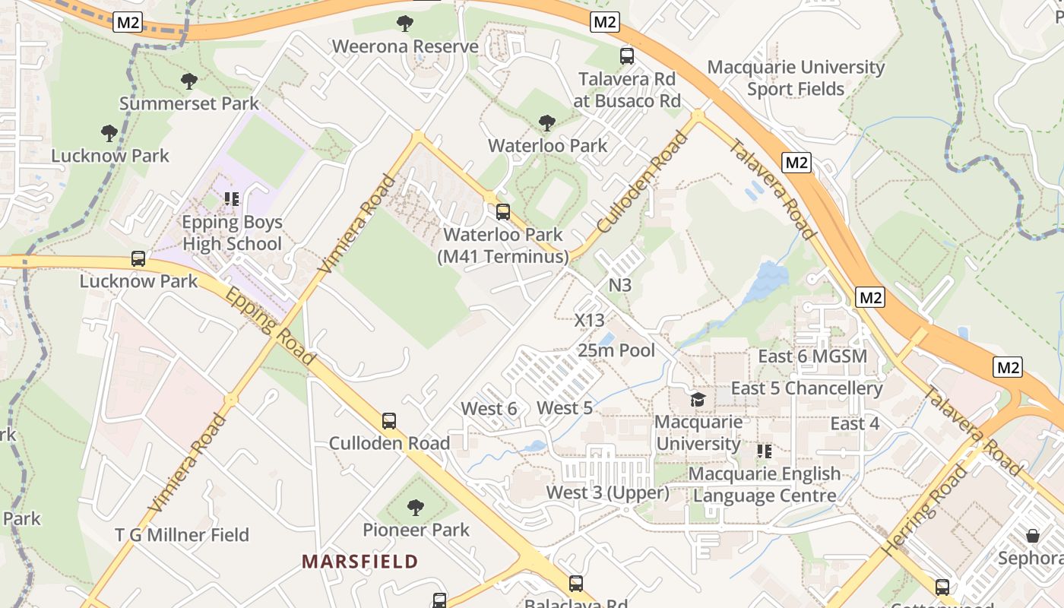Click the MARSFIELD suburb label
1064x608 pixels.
(359, 562)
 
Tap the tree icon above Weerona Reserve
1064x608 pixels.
(405, 23)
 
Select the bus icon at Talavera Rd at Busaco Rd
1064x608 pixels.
(627, 55)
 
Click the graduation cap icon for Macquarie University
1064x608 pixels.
(697, 399)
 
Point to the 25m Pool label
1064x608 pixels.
(616, 350)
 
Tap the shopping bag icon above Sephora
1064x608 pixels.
(1032, 535)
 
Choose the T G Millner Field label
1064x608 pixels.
(182, 535)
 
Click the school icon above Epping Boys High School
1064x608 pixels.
(232, 199)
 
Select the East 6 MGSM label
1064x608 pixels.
(812, 356)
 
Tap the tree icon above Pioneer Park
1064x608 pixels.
(415, 507)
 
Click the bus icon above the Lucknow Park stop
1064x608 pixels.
(138, 258)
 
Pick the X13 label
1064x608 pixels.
(589, 320)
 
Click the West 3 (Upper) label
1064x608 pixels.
(607, 492)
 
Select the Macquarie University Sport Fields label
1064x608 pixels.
(796, 78)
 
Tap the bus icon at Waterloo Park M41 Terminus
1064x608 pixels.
(502, 212)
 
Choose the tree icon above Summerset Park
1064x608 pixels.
(189, 81)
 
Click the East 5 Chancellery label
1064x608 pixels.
(806, 388)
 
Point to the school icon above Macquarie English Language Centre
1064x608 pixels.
(765, 451)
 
